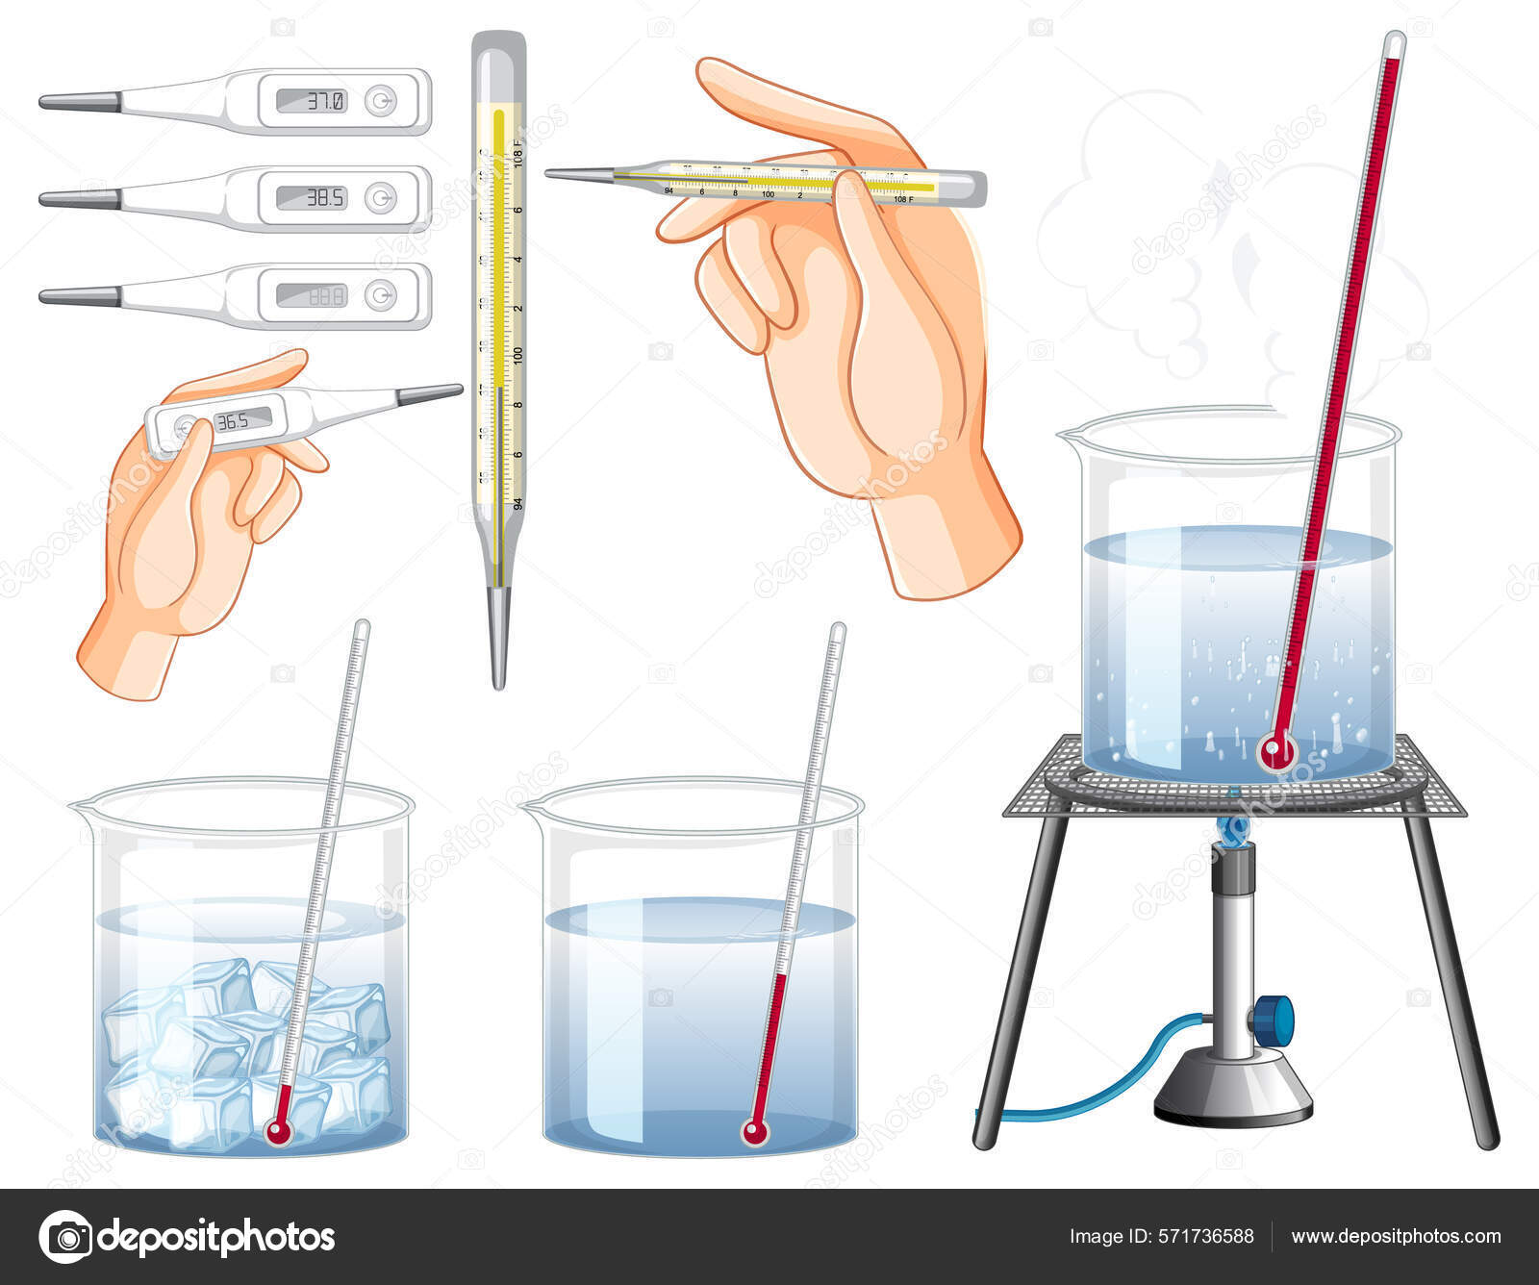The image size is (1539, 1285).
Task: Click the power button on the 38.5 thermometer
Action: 381,198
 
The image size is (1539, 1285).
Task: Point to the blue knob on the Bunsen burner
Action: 1276,1019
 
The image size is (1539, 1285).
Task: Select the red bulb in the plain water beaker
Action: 755,1132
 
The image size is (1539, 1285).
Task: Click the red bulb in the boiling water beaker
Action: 1276,749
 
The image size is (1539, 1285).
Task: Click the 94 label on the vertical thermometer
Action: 517,502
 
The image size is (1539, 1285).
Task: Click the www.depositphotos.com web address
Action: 1395,1237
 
